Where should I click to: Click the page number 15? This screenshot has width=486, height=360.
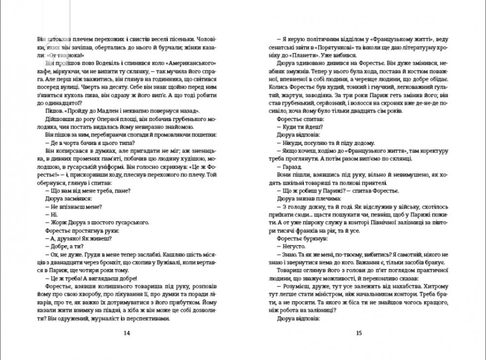[x=359, y=333]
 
